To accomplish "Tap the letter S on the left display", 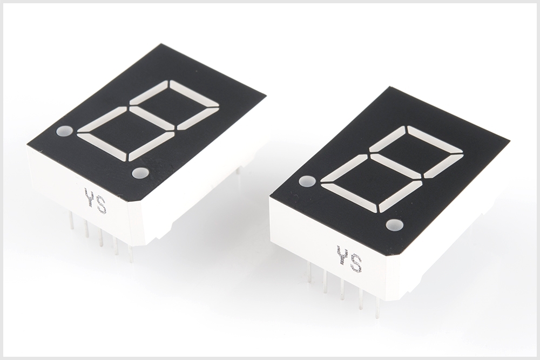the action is [102, 206].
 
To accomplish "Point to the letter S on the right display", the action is [356, 263].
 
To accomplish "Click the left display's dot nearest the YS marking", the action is [140, 173].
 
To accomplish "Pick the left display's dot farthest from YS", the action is [64, 131].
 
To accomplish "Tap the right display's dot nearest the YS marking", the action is [395, 225].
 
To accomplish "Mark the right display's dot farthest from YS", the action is [308, 181].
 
